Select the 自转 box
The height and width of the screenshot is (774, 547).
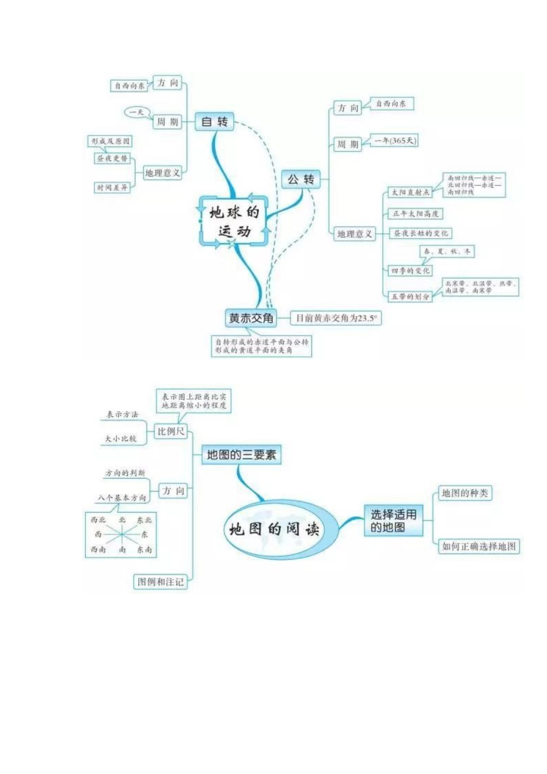[x=215, y=122]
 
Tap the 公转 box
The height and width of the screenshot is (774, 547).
[x=301, y=180]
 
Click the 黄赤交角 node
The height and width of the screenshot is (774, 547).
[x=251, y=318]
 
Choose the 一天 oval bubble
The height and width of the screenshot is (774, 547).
[x=136, y=112]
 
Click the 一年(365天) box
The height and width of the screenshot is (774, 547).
[x=395, y=141]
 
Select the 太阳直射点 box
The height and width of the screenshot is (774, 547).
[x=411, y=192]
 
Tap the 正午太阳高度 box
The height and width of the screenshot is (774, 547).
[x=416, y=214]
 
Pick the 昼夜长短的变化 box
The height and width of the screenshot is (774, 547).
[x=421, y=233]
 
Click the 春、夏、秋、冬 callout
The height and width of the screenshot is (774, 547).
[x=447, y=252]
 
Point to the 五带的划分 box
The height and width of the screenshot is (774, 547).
[x=411, y=297]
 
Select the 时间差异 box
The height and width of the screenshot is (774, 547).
[x=112, y=188]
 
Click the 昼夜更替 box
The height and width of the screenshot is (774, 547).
[x=112, y=158]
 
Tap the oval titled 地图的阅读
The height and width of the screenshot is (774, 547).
[x=274, y=529]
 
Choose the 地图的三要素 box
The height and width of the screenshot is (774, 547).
[x=241, y=455]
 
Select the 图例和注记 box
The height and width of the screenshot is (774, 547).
[x=161, y=582]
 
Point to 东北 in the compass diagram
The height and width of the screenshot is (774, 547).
[x=144, y=520]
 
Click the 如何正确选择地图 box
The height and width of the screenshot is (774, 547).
[x=479, y=546]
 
